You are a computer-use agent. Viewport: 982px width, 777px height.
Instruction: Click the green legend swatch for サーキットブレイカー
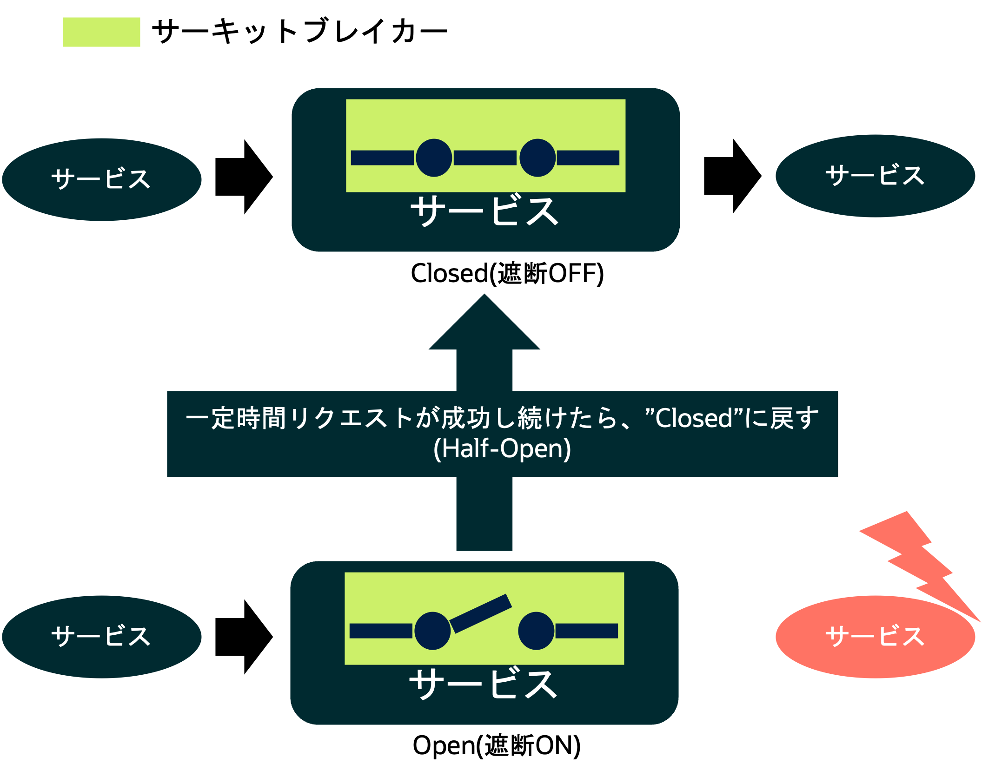[x=101, y=32]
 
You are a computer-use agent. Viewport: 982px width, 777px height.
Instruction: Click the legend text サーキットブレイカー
[x=299, y=32]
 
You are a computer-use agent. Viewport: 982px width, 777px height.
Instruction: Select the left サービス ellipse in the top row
[x=102, y=179]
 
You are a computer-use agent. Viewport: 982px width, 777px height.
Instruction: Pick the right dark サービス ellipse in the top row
[x=876, y=176]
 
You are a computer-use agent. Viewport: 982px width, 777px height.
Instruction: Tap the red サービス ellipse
[x=876, y=637]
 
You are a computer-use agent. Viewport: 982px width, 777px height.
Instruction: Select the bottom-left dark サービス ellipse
[x=102, y=637]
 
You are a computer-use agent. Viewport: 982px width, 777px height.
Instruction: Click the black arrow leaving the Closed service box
[x=733, y=176]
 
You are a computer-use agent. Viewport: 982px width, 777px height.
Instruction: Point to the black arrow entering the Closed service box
[x=244, y=177]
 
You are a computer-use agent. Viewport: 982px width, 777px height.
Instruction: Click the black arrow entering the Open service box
[x=244, y=637]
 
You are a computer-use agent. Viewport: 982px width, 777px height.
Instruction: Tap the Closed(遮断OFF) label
[x=507, y=273]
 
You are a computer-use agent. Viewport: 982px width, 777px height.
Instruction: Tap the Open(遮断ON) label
[x=497, y=745]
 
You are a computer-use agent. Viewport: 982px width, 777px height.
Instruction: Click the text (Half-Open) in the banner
[x=502, y=448]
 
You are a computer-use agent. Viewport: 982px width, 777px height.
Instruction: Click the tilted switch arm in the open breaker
[x=481, y=613]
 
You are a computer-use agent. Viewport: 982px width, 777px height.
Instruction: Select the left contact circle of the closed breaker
[x=434, y=158]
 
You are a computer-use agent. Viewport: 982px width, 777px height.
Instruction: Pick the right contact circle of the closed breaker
[x=537, y=158]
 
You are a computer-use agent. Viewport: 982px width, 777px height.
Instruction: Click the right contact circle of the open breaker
[x=536, y=631]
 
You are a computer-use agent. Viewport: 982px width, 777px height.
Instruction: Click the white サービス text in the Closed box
[x=484, y=211]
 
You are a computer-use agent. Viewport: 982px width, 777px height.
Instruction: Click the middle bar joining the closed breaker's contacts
[x=485, y=158]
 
